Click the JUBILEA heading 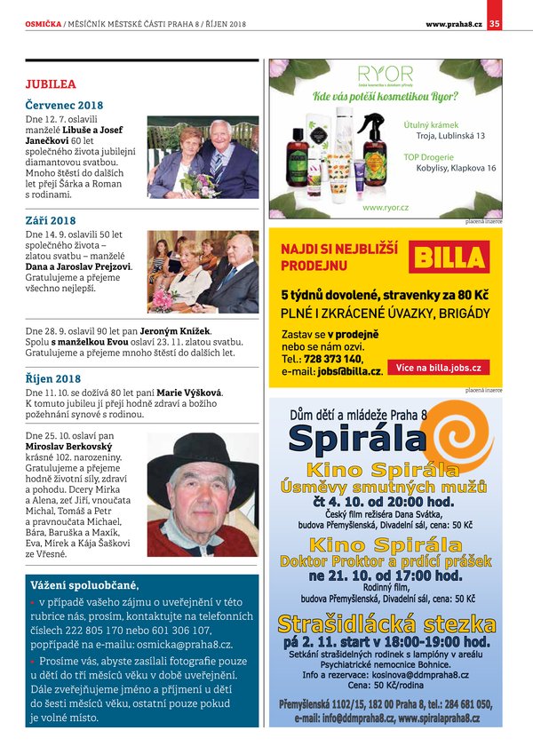(51, 83)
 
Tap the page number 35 (495, 23)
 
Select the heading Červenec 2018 (64, 105)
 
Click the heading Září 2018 (50, 219)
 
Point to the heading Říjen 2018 (52, 379)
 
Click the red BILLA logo (449, 258)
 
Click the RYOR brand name (385, 74)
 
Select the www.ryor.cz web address (386, 207)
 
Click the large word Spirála (358, 438)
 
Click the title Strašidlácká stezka (385, 622)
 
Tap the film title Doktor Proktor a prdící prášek (385, 561)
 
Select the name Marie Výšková (191, 392)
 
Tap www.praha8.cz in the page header (454, 23)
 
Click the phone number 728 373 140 (333, 359)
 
